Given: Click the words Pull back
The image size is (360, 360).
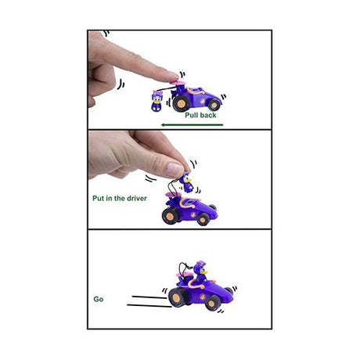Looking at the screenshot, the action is coord(200,115).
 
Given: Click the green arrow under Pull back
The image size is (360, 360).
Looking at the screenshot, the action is coord(192,124).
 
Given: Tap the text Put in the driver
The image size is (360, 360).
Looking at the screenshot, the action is coord(120,199).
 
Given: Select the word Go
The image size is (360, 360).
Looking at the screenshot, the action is coord(99,299).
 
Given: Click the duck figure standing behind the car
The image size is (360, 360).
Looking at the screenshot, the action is coord(157,101).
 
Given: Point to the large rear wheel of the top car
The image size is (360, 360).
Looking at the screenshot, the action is coord(181,103).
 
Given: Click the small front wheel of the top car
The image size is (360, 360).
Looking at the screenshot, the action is coord(214,105).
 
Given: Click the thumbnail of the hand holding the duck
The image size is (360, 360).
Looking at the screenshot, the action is coord(175,170).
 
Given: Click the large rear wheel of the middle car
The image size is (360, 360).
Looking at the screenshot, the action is coord(170,216).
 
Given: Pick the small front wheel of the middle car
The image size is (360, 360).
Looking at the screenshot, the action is coord(203,219).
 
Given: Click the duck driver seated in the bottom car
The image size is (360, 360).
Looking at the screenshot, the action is coord(201,272).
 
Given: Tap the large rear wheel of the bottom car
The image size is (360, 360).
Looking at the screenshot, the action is coord(177,297).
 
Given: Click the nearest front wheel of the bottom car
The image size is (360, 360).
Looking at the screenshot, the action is coord(212,303).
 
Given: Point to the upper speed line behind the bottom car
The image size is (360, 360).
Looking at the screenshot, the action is coord(149,297).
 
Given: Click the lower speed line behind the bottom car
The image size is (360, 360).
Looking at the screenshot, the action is coord(149,306).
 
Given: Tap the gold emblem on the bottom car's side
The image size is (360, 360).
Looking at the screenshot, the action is coord(201,297).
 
